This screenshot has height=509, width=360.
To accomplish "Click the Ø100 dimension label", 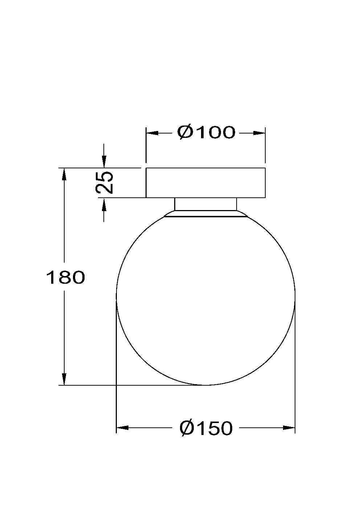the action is [x=206, y=132].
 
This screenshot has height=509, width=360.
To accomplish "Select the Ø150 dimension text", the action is [x=206, y=428].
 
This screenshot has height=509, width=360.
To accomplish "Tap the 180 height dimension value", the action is [x=65, y=278].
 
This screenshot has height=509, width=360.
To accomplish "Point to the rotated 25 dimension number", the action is [x=104, y=182].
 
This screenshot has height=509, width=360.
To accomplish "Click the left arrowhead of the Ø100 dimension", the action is [x=152, y=133].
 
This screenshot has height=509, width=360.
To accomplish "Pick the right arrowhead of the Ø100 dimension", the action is [x=259, y=133].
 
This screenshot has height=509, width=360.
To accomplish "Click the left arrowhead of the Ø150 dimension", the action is [x=123, y=428].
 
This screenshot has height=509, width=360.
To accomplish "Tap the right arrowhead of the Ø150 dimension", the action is [x=289, y=428].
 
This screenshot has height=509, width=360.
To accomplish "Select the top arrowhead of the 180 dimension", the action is [x=64, y=174].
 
